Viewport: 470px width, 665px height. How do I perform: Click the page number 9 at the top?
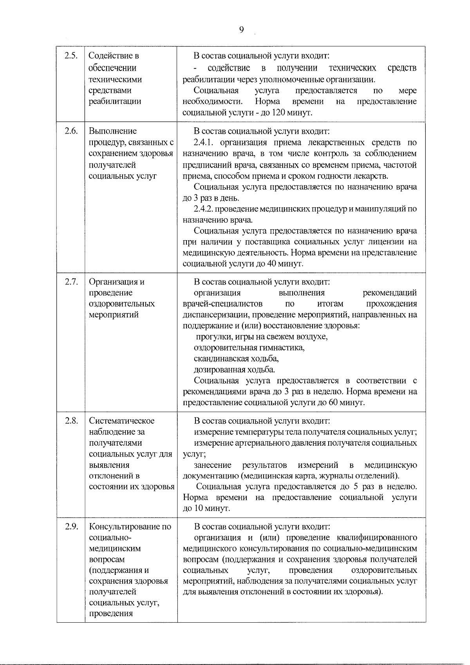(241, 30)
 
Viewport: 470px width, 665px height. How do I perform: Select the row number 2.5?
(70, 56)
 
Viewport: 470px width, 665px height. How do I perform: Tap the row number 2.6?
(70, 131)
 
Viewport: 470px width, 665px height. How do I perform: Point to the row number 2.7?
(70, 282)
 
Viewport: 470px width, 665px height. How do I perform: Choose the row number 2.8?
(70, 421)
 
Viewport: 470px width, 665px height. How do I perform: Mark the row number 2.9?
(70, 526)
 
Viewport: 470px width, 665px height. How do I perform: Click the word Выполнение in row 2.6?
(113, 131)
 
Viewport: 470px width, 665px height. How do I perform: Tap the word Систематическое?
(122, 421)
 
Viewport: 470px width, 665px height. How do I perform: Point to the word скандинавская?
(220, 359)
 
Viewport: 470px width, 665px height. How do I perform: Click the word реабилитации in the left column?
(115, 101)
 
